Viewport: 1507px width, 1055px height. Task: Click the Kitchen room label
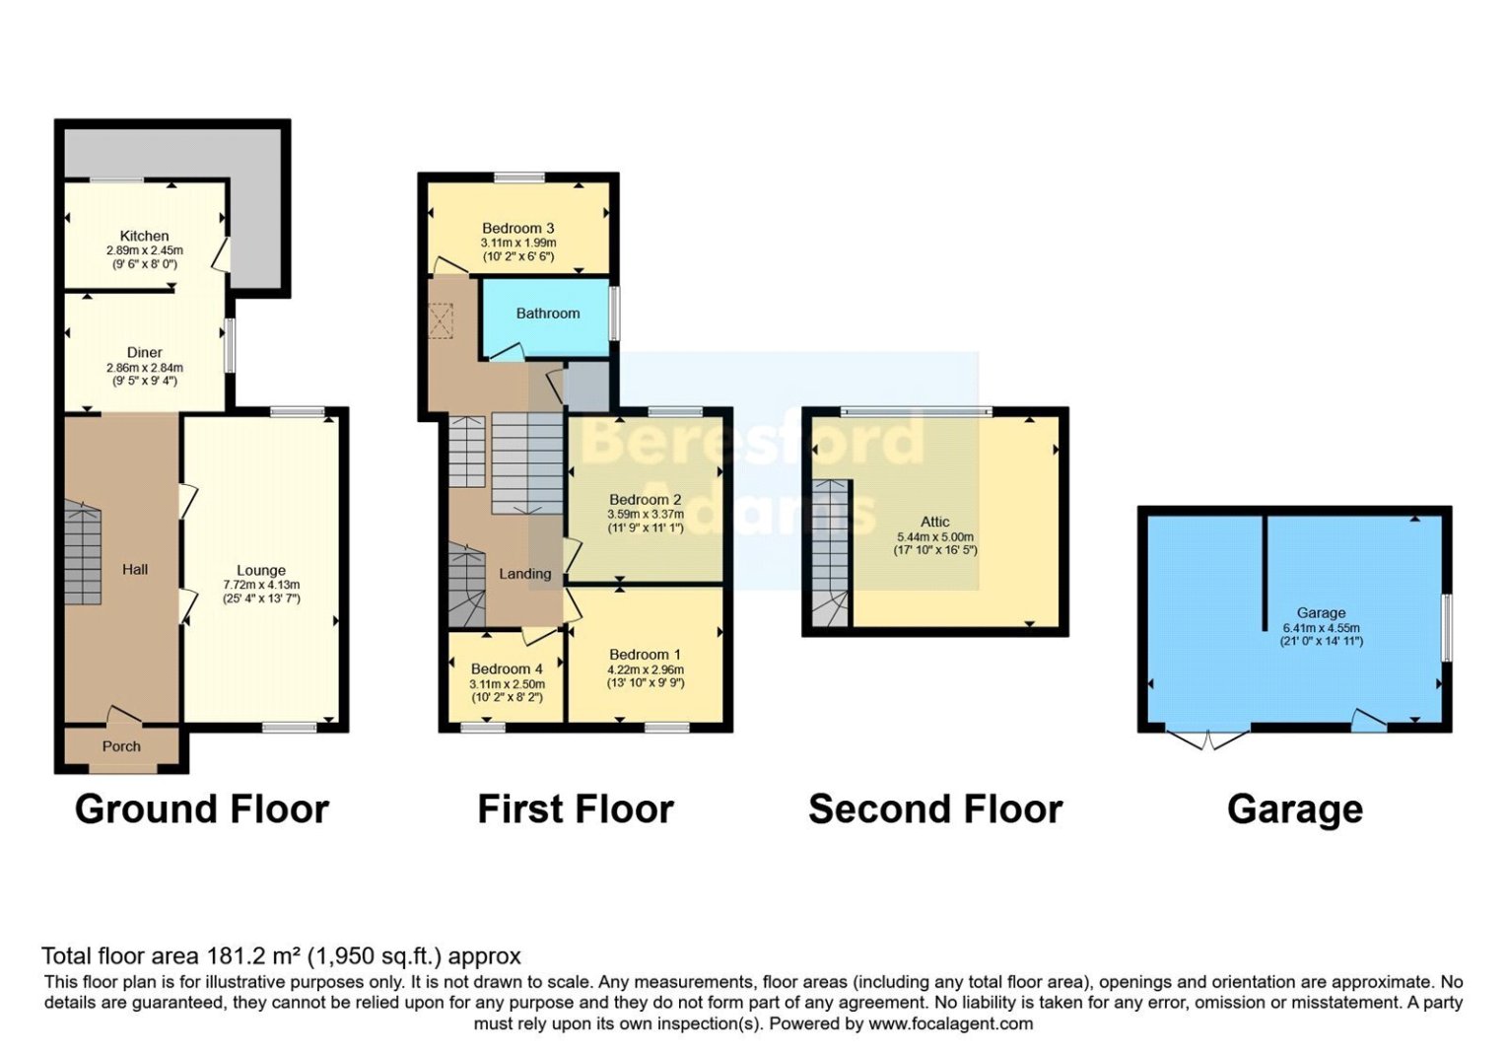144,236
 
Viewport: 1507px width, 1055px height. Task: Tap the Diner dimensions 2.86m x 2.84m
144,368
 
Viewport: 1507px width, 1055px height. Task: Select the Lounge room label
261,570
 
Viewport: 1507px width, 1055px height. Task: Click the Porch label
121,746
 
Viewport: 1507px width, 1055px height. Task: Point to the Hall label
135,569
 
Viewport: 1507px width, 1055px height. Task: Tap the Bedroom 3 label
517,228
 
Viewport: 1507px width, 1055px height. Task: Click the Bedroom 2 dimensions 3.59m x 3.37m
645,514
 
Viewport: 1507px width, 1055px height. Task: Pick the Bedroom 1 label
645,655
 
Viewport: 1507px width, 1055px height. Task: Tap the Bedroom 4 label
507,668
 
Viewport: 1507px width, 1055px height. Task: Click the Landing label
524,574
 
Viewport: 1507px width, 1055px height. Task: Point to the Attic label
934,522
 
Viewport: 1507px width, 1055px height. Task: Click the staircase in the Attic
830,552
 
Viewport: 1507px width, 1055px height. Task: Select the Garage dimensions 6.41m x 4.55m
1321,627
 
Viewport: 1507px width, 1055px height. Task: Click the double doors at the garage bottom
1207,738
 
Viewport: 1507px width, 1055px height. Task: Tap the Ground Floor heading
202,809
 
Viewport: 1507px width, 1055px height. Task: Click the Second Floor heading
935,809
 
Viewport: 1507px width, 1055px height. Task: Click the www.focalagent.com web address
950,1023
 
